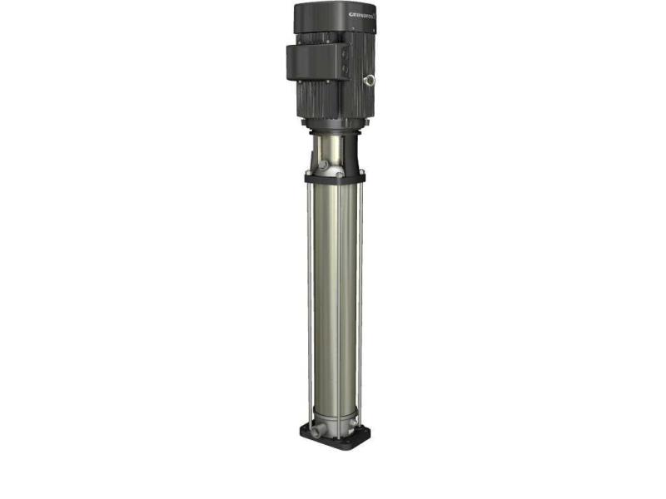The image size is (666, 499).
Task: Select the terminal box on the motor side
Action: pos(315,62)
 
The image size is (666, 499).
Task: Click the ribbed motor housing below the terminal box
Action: pos(333,100)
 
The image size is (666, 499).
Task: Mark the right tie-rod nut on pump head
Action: pos(361,173)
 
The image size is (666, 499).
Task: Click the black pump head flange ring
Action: pos(333,178)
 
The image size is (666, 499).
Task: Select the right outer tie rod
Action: pos(361,299)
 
